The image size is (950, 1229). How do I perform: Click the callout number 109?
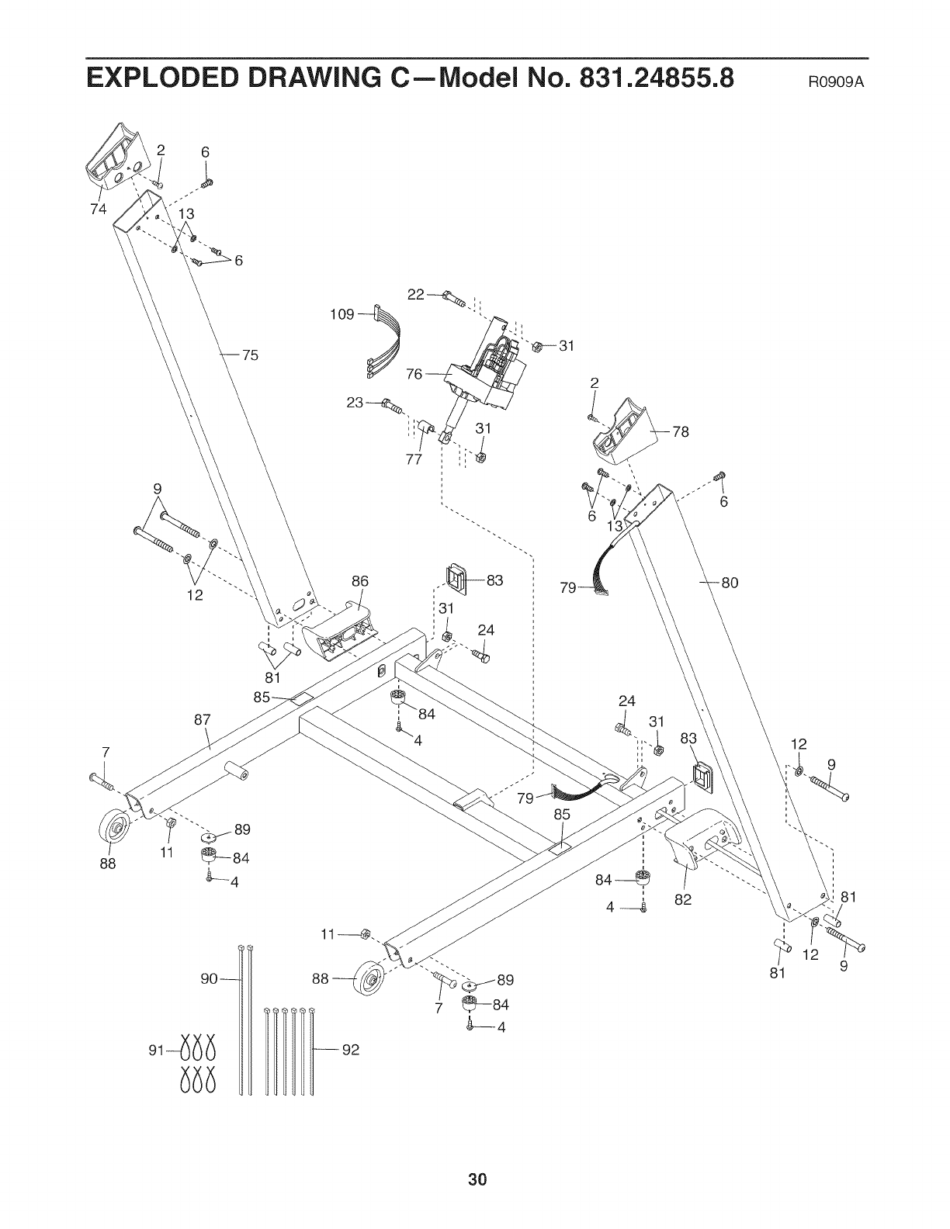342,314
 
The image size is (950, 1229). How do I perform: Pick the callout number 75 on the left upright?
249,356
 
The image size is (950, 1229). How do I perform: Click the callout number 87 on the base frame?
203,719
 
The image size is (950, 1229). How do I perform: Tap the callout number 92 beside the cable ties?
351,1052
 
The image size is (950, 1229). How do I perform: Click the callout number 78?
681,432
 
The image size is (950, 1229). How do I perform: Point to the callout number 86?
359,581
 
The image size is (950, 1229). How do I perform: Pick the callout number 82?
683,900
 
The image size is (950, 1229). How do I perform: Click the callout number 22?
416,294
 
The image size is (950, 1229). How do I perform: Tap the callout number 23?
355,403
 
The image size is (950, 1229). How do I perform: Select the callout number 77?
413,459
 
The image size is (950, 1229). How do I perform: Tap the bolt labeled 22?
452,297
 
